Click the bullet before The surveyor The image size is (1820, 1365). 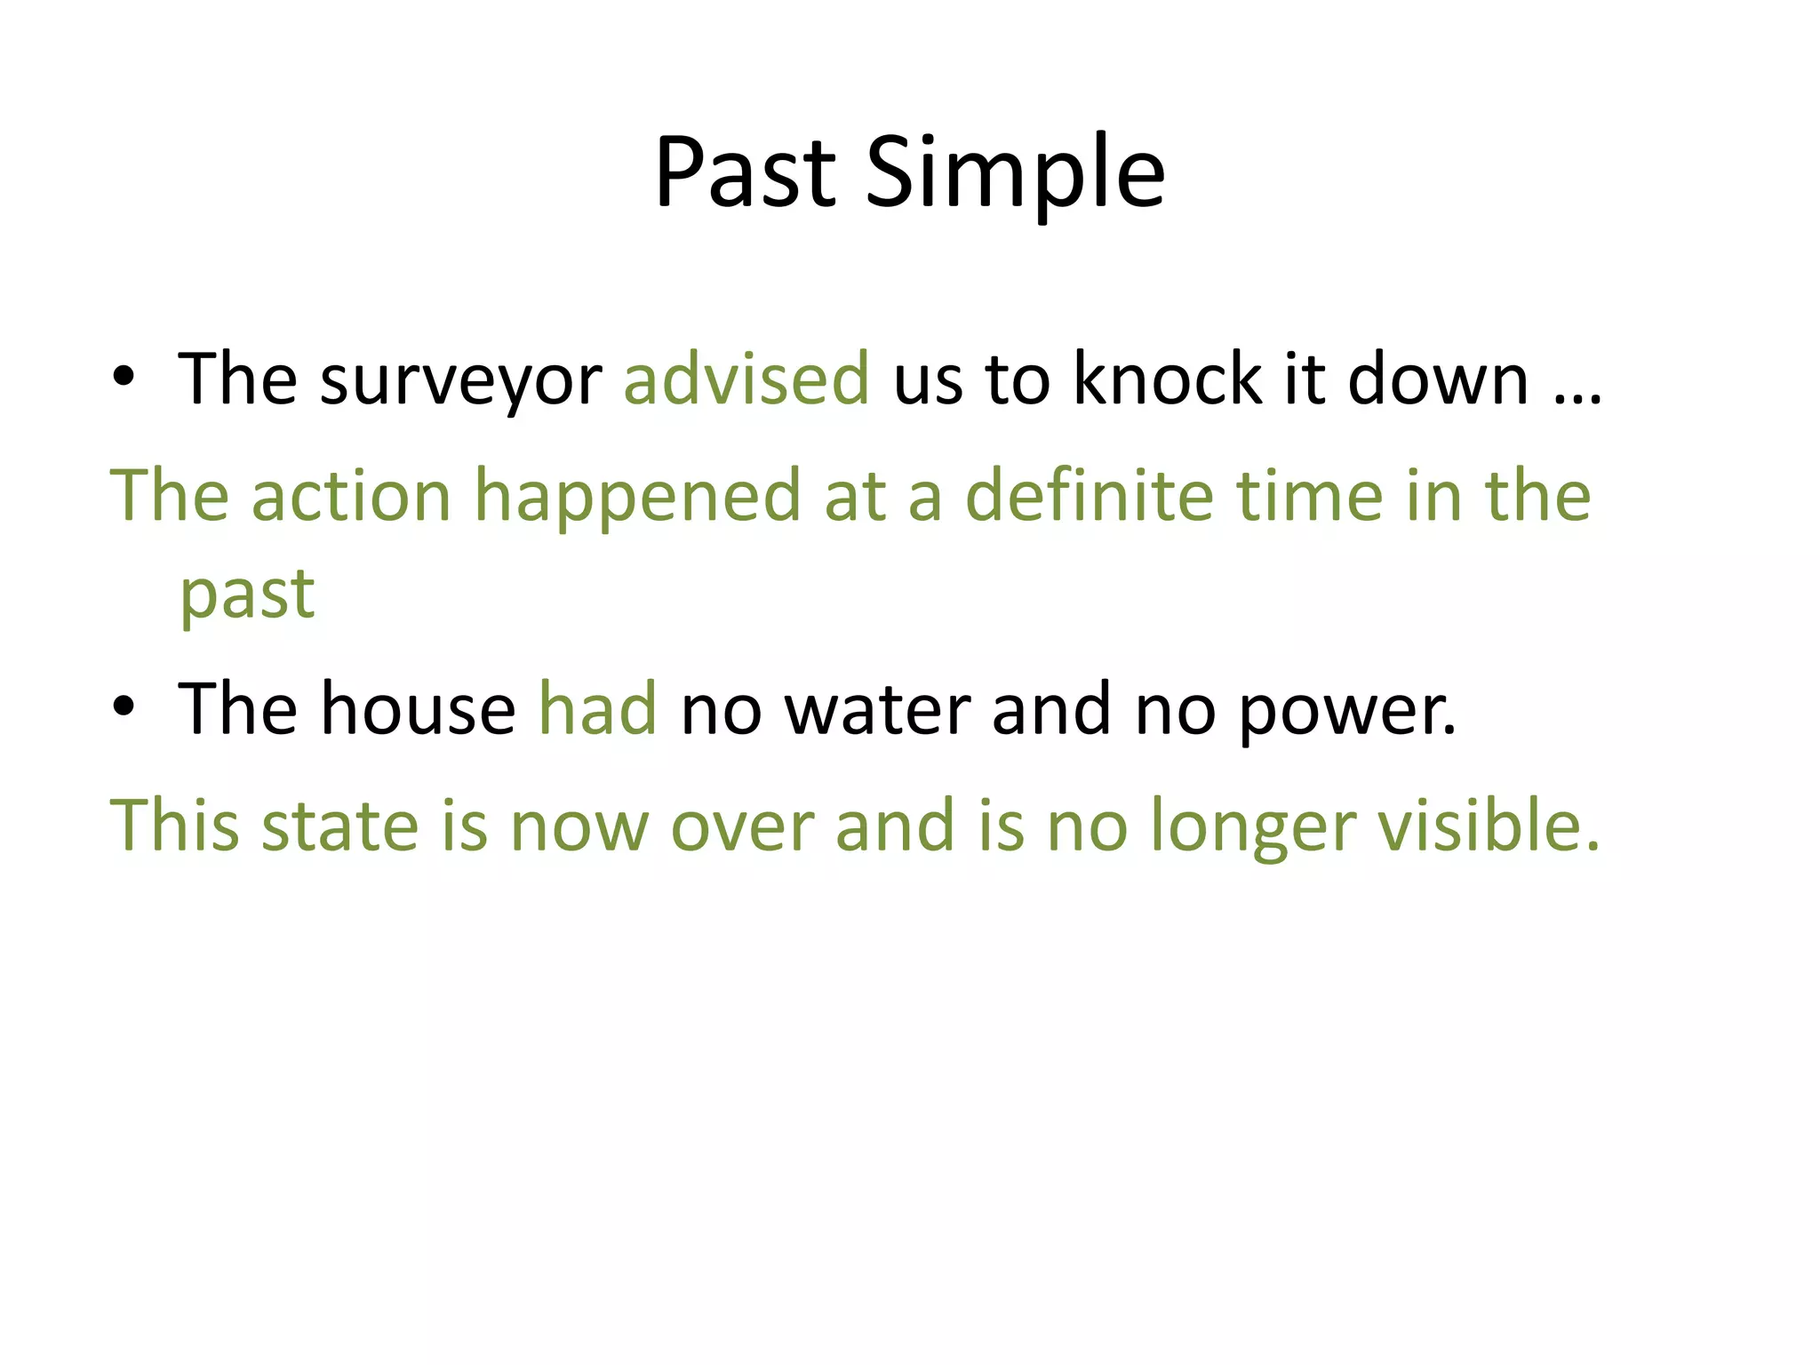(x=124, y=378)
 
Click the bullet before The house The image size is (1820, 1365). (x=124, y=707)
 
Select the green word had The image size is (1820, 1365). (x=598, y=709)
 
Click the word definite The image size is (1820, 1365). (x=1089, y=496)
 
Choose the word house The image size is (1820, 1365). (x=418, y=709)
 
